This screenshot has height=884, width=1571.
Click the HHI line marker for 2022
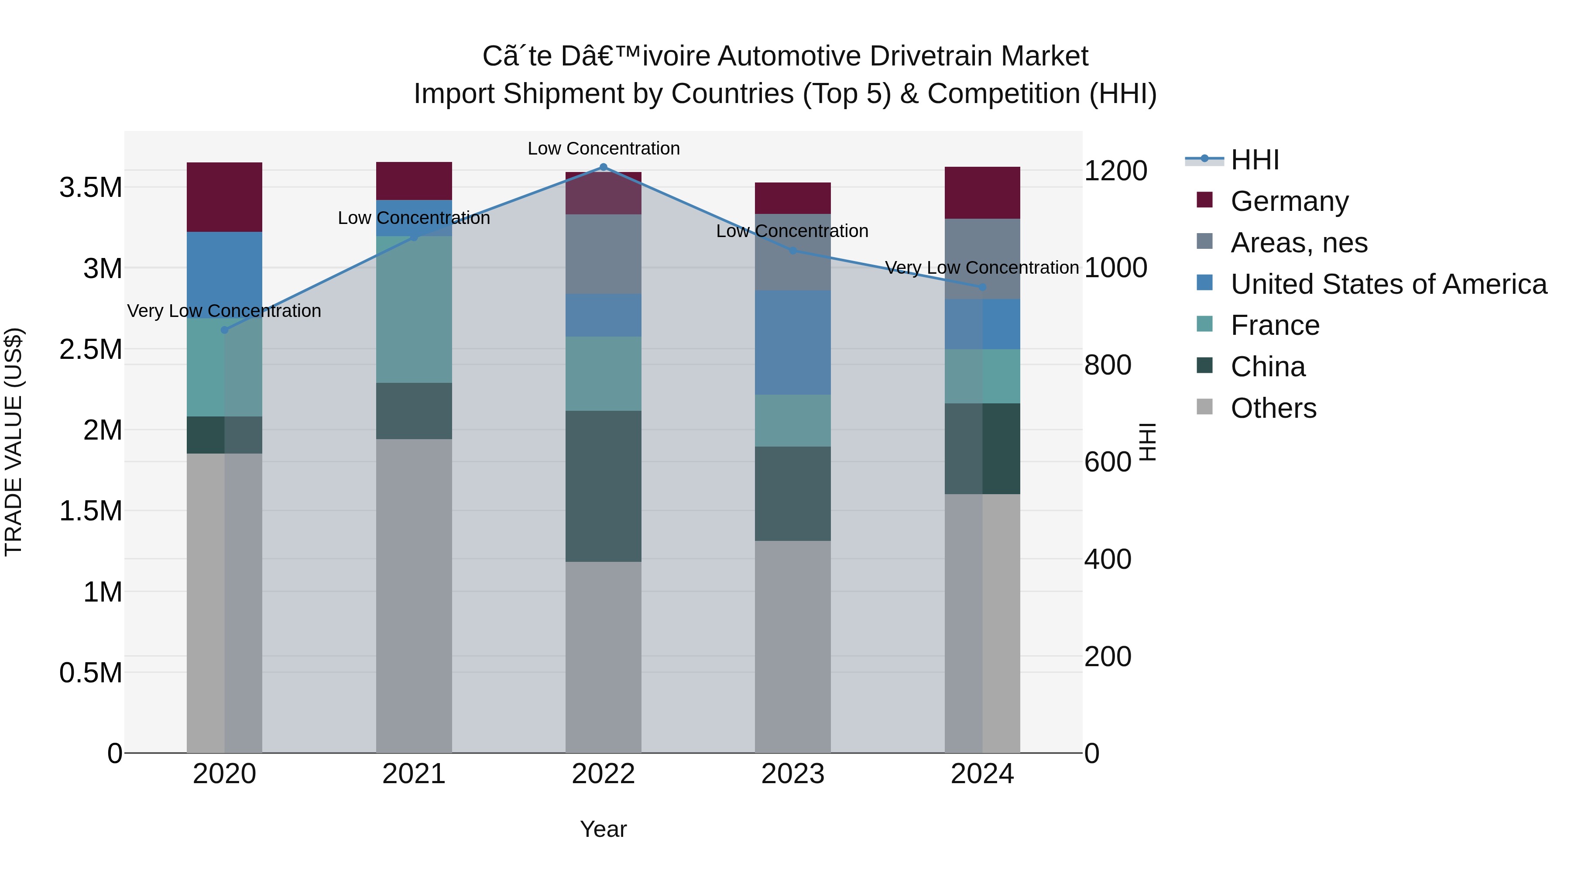pos(603,167)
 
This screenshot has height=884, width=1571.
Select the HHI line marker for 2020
pos(224,330)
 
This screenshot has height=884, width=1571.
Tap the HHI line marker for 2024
pos(982,287)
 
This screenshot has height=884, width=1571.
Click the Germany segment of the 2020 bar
pos(224,197)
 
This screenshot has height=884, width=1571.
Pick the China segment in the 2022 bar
pos(603,486)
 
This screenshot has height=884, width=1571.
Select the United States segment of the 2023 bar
pos(793,342)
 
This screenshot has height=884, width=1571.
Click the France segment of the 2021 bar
pos(414,310)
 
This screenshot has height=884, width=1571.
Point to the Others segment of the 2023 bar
pos(793,647)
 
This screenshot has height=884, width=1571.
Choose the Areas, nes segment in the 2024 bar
pos(982,259)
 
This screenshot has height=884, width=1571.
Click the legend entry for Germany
pos(1289,201)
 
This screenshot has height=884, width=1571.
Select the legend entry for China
pos(1268,367)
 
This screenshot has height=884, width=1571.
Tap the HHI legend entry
pos(1255,160)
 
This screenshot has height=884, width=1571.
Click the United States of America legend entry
pos(1389,284)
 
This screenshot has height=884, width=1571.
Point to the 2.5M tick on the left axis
pos(91,350)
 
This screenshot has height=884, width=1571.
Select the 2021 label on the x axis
pos(414,774)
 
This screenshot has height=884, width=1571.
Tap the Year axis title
pos(603,829)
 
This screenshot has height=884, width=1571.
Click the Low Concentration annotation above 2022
pos(603,148)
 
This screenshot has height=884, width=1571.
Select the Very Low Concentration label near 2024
pos(982,268)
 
